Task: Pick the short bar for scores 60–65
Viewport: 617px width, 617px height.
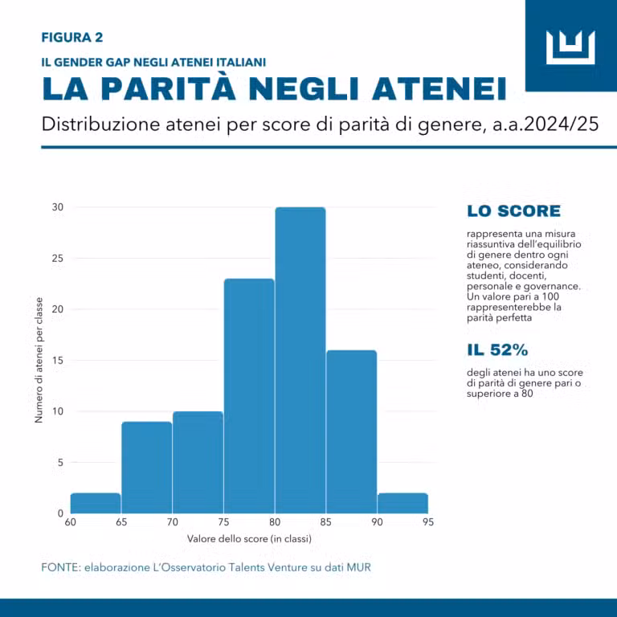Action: click(x=96, y=503)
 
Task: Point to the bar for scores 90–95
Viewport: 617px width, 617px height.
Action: click(x=402, y=503)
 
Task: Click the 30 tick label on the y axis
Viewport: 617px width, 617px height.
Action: click(x=58, y=207)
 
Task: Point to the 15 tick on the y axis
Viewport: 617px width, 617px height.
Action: click(x=58, y=360)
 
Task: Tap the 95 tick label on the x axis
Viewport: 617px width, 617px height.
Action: click(x=427, y=521)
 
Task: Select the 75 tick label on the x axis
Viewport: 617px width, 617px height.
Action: click(x=223, y=521)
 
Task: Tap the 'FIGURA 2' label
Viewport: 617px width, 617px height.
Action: click(x=72, y=37)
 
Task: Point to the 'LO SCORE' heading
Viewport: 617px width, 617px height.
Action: click(x=513, y=211)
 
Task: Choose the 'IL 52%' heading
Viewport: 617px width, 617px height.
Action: click(x=497, y=350)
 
